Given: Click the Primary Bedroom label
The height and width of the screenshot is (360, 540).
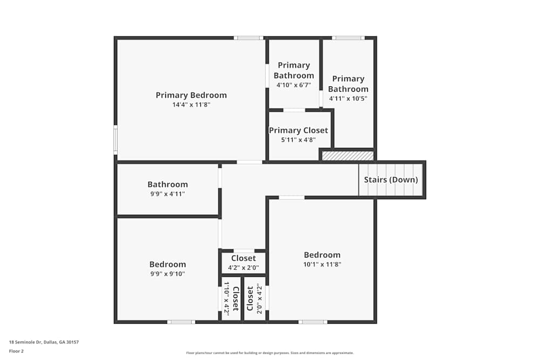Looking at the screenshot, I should [191, 96].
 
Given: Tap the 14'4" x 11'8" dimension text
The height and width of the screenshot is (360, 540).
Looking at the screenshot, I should [191, 105].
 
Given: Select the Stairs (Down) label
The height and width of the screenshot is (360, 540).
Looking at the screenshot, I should [391, 180].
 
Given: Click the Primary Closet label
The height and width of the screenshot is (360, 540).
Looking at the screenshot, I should [299, 130].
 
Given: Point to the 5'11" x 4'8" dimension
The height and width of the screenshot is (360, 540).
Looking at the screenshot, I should [299, 140].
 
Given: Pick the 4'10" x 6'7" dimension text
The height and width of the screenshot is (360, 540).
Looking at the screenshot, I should [294, 85].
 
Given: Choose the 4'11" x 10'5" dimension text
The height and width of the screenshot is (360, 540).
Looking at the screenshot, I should [348, 99].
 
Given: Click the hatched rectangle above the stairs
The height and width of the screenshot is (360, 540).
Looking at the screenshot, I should [348, 155].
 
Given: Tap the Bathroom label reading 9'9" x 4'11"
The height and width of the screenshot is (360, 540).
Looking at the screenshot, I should [168, 185].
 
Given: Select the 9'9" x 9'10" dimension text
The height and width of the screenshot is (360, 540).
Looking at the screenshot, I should [167, 274].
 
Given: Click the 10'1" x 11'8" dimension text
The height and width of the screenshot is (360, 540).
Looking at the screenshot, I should [322, 264].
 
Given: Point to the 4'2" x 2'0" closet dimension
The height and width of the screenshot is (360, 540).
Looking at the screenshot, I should [244, 268].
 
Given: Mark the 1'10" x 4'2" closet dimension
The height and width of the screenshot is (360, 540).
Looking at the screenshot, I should [227, 298].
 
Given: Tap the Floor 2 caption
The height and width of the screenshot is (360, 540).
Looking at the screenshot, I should [16, 351].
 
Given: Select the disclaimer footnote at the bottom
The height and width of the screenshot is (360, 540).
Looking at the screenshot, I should [270, 353].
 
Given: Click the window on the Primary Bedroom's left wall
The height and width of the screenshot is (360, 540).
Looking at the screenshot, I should [115, 139].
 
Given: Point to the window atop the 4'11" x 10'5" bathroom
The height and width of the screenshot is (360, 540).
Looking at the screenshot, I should [348, 38].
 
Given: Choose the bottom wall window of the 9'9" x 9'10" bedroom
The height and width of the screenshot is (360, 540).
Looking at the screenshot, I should [181, 322].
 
